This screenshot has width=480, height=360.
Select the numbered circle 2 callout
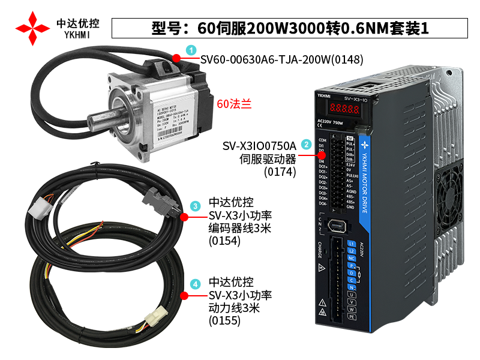306,145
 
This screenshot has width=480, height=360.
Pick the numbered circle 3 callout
195,206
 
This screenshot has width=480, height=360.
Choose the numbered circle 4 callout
195,284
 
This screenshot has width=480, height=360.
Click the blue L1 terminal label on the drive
352,243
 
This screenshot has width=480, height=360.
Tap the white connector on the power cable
160,316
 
